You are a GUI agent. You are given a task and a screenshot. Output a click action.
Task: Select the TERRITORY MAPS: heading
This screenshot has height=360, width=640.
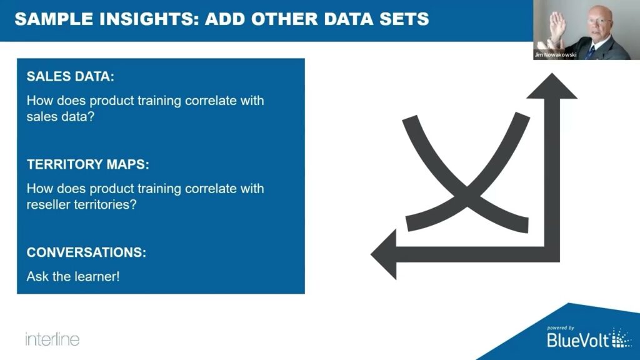pos(88,165)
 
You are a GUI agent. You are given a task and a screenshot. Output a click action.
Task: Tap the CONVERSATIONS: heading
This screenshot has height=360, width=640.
pos(86,253)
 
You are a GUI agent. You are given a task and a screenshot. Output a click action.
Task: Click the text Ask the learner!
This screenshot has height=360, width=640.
pos(72,276)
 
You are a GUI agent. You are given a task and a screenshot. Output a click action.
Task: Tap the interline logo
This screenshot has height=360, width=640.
pos(52,339)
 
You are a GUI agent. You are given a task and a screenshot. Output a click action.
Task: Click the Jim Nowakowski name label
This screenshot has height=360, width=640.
pos(555,55)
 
